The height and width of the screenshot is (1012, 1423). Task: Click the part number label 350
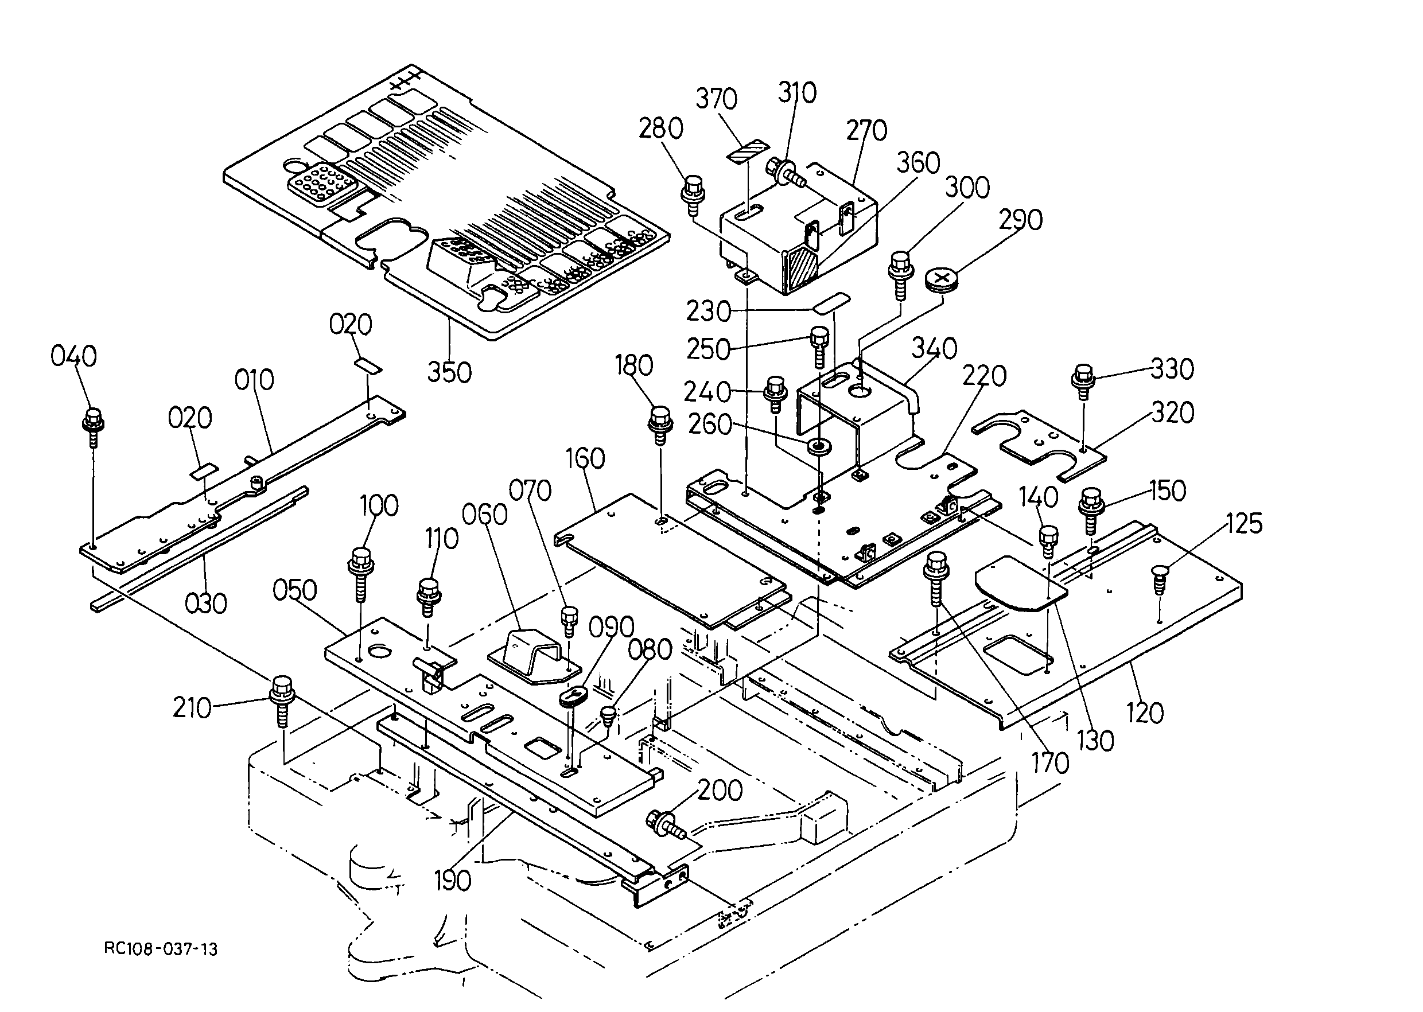(449, 373)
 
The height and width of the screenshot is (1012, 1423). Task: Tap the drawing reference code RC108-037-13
(161, 949)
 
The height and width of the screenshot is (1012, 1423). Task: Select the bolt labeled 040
(93, 427)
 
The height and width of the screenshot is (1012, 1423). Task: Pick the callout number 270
(866, 131)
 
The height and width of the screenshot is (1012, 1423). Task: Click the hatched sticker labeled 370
(749, 151)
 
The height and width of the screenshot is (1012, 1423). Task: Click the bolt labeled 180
(660, 425)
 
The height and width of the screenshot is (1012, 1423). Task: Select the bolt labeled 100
(361, 573)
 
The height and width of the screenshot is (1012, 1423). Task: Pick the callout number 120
(1146, 713)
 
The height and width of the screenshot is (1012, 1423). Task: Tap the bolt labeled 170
(934, 579)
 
